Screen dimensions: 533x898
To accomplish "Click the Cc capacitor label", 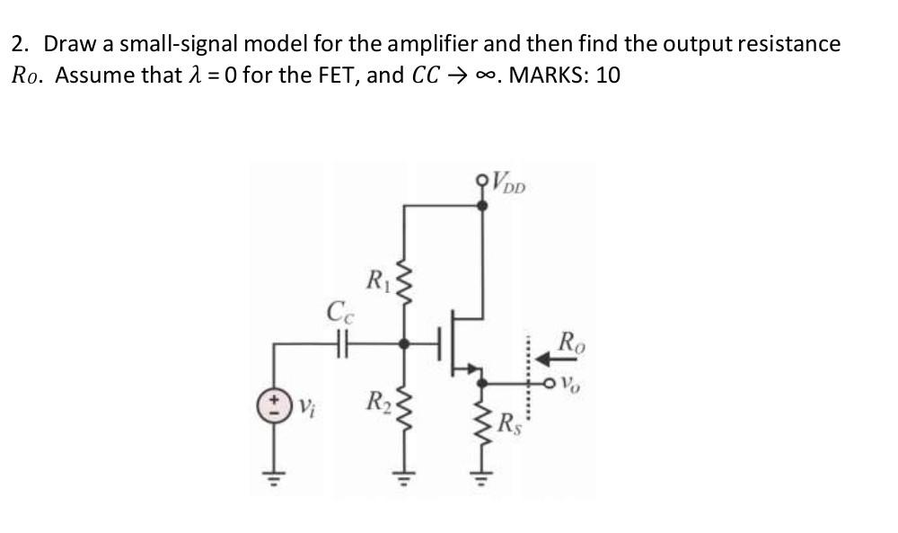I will tap(339, 315).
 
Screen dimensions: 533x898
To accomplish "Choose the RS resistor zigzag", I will tap(484, 418).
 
